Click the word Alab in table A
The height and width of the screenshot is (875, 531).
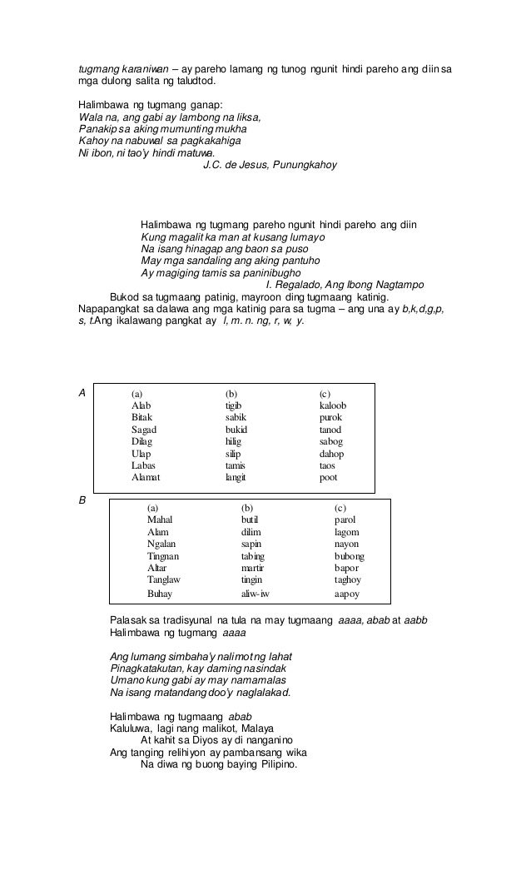tap(141, 405)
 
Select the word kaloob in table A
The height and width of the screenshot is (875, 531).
tap(333, 405)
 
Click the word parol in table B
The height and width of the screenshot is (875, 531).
tap(345, 519)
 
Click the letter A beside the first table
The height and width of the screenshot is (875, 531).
tap(82, 390)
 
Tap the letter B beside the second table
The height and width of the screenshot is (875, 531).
tap(82, 500)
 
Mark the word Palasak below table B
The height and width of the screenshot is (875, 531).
tap(130, 621)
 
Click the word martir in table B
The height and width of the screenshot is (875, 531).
tap(252, 567)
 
